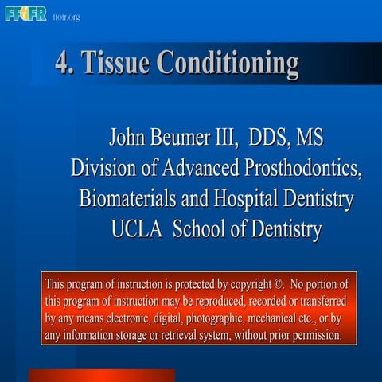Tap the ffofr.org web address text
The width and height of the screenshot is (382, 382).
pos(66,16)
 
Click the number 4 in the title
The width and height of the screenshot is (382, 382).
pos(61,63)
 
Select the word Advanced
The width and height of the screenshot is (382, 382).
pos(201,170)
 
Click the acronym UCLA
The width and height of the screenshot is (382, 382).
pos(138,229)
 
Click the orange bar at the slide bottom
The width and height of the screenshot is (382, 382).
pos(102,375)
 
